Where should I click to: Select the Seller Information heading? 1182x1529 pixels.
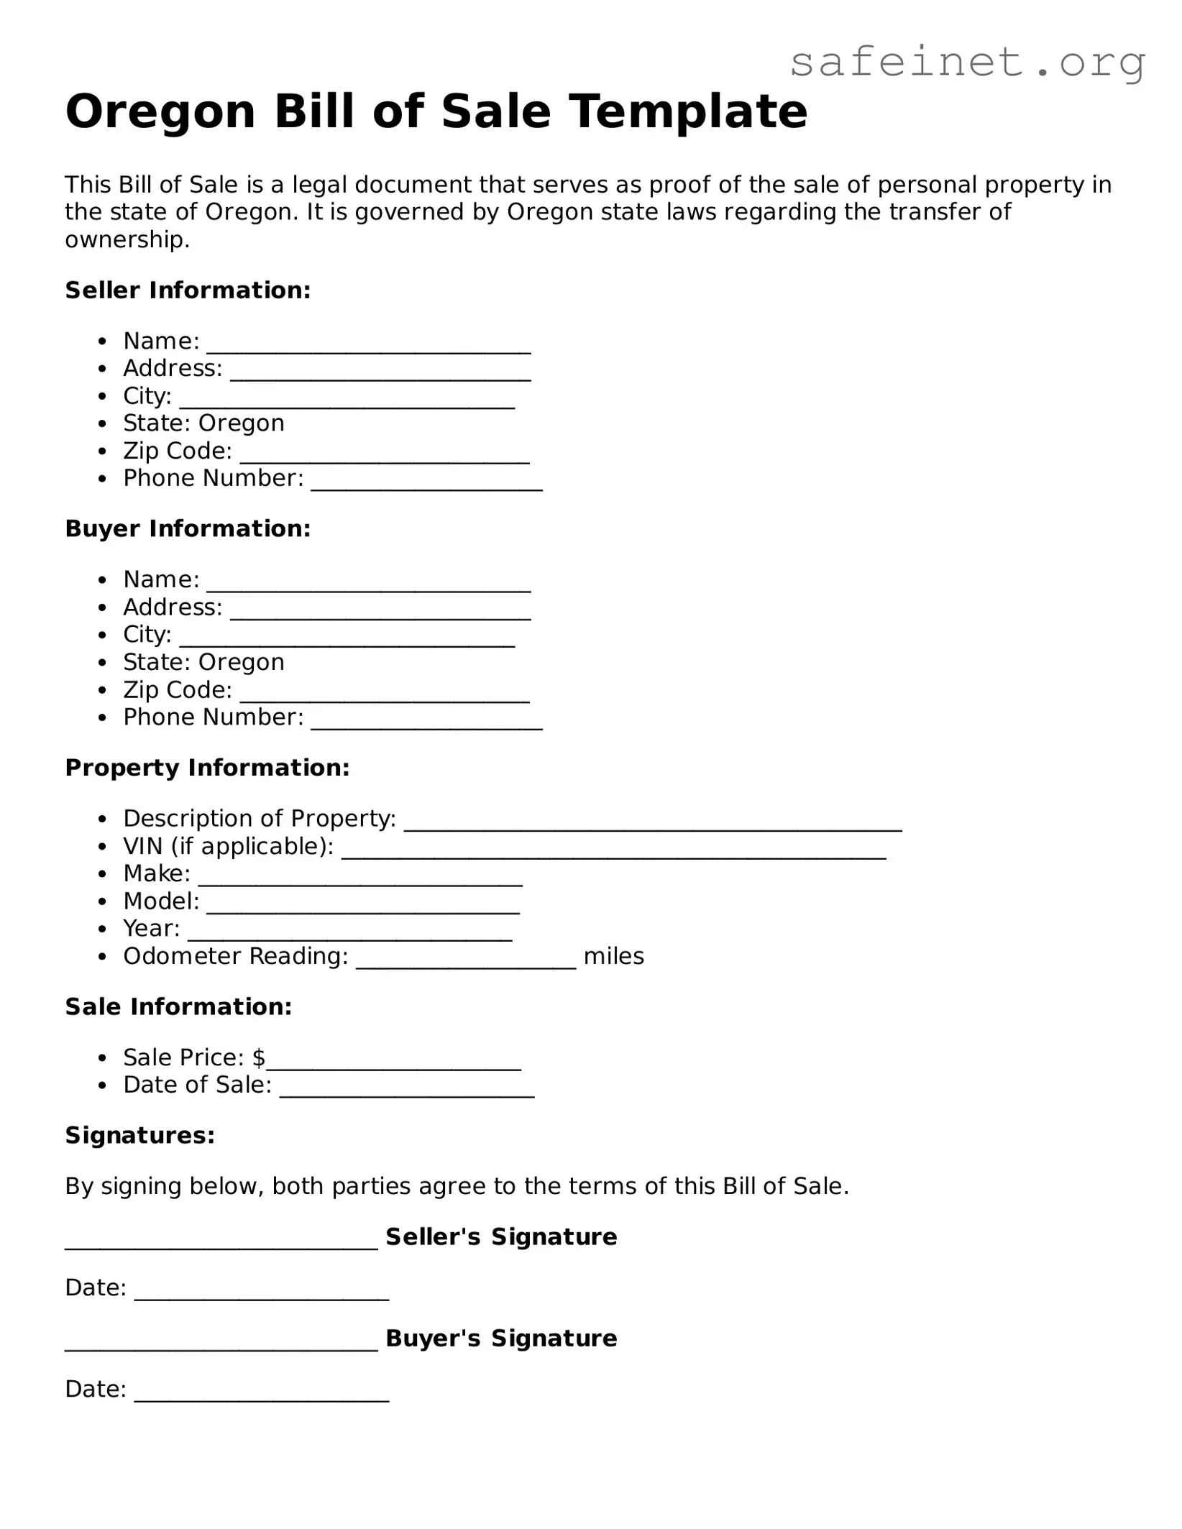(x=188, y=290)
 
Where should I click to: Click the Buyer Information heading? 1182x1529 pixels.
(x=188, y=529)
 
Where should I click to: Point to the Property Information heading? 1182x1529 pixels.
(x=207, y=768)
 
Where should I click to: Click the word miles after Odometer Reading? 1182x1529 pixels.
(x=613, y=956)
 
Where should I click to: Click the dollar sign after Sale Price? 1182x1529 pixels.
(x=259, y=1057)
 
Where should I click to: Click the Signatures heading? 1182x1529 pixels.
(x=140, y=1136)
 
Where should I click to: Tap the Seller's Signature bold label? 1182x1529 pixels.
(x=501, y=1237)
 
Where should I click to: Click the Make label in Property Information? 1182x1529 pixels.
(x=156, y=873)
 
